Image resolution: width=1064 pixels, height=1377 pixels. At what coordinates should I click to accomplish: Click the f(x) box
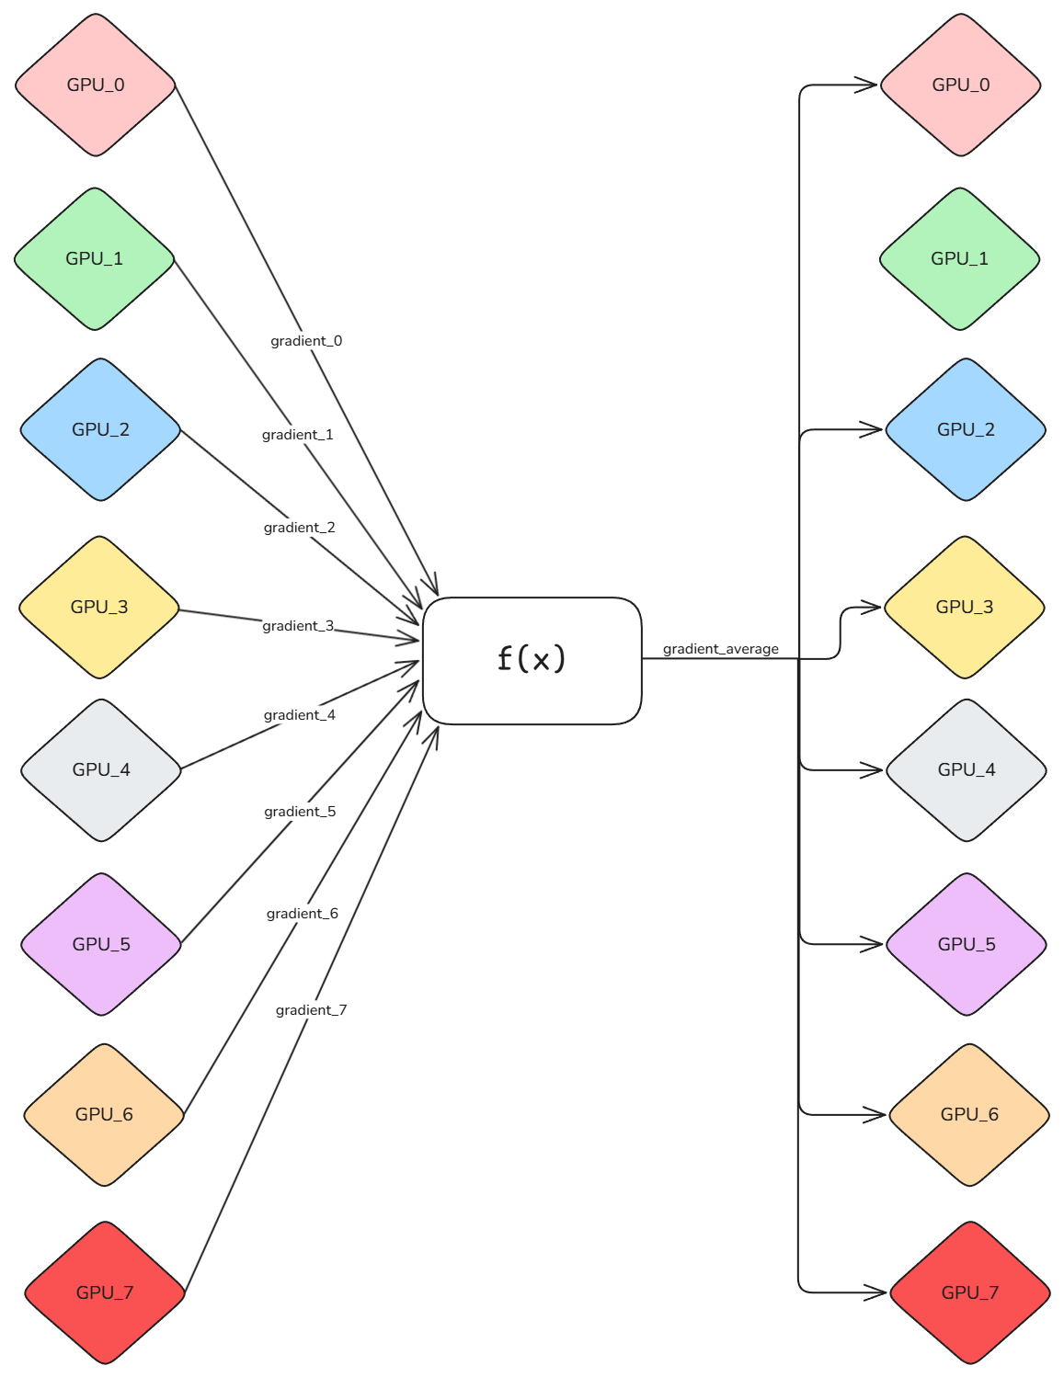pyautogui.click(x=532, y=660)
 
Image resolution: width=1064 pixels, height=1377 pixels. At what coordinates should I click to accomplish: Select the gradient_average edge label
pyautogui.click(x=720, y=649)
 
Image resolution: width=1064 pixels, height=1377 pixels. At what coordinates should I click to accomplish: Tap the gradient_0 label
pyautogui.click(x=306, y=341)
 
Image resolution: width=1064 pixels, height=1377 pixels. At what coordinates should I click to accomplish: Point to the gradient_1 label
pyautogui.click(x=297, y=434)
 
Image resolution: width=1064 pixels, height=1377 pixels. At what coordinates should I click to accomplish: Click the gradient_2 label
pyautogui.click(x=299, y=527)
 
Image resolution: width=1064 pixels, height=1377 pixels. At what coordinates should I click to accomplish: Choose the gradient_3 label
pyautogui.click(x=298, y=626)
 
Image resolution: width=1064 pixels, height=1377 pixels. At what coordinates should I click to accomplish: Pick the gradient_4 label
pyautogui.click(x=299, y=715)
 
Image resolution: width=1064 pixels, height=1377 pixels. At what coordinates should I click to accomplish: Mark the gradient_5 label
pyautogui.click(x=299, y=812)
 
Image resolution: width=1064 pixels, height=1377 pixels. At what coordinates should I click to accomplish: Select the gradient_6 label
pyautogui.click(x=302, y=914)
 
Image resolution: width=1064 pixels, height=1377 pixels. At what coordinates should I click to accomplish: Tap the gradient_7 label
pyautogui.click(x=311, y=1010)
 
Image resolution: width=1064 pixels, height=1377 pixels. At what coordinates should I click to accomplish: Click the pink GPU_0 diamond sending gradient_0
pyautogui.click(x=96, y=85)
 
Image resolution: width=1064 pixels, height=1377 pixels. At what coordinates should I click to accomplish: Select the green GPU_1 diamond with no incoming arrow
pyautogui.click(x=960, y=258)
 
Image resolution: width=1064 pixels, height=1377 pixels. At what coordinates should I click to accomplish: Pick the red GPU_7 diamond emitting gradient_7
pyautogui.click(x=105, y=1292)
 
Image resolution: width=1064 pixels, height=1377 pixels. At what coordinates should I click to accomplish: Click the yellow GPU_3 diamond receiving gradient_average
pyautogui.click(x=965, y=607)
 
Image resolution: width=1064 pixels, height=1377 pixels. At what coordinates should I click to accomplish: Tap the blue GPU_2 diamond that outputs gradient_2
pyautogui.click(x=100, y=429)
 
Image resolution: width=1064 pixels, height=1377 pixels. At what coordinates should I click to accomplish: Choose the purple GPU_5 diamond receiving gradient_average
pyautogui.click(x=967, y=944)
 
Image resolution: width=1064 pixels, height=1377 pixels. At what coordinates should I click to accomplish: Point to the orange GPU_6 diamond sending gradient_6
pyautogui.click(x=104, y=1114)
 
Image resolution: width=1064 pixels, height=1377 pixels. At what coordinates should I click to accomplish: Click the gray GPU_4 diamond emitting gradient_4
pyautogui.click(x=101, y=769)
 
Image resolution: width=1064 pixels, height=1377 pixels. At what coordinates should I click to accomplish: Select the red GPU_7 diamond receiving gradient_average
pyautogui.click(x=970, y=1292)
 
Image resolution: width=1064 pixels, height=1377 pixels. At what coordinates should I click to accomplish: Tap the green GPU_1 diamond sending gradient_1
pyautogui.click(x=95, y=258)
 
